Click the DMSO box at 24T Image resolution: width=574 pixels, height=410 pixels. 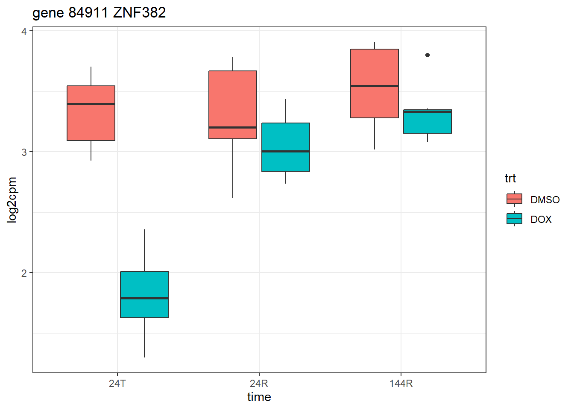[91, 113]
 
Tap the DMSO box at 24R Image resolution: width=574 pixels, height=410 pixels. [233, 105]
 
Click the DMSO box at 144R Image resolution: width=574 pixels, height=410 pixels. [375, 83]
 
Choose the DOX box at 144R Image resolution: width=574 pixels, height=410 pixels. [428, 122]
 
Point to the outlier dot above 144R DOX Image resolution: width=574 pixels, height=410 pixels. [428, 55]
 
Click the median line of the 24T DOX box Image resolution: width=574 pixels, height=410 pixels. [144, 298]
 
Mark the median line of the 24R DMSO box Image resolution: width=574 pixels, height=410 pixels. [233, 127]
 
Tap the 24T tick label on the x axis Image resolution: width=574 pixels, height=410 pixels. [117, 384]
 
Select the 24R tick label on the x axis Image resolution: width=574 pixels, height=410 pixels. [259, 384]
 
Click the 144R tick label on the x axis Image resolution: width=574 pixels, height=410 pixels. [401, 384]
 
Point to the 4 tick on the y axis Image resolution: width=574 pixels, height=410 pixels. [24, 31]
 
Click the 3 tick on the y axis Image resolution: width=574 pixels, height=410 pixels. [24, 152]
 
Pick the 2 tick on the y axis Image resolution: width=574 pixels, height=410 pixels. [24, 273]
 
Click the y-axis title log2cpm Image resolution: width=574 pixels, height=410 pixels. [12, 200]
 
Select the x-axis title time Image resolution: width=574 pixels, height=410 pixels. [259, 397]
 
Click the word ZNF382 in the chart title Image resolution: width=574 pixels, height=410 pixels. [139, 13]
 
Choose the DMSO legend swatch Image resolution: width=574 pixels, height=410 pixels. [514, 199]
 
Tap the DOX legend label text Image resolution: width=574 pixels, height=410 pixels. [541, 220]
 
